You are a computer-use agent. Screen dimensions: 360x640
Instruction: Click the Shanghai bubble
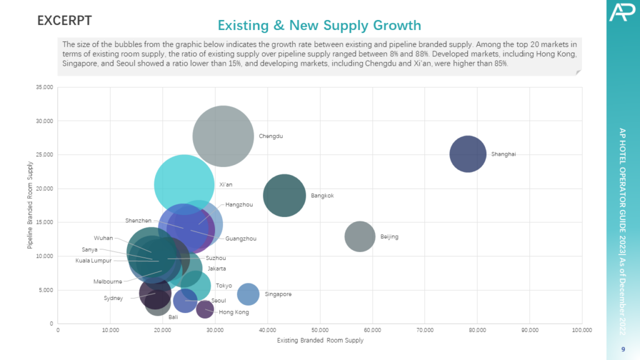click(x=467, y=154)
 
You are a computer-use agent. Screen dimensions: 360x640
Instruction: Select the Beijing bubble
click(x=359, y=237)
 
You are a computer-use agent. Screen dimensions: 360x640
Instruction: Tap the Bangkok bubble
click(x=284, y=196)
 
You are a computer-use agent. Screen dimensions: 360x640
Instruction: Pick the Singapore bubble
click(x=248, y=294)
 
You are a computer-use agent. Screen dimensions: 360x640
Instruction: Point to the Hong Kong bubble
click(x=205, y=309)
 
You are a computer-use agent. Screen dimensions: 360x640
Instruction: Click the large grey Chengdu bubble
click(x=223, y=136)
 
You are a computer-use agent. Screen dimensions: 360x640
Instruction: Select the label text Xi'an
click(x=226, y=185)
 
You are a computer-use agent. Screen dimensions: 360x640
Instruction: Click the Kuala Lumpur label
click(x=93, y=261)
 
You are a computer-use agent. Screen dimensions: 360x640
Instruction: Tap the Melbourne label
click(x=107, y=282)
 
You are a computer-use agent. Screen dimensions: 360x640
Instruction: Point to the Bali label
click(x=173, y=317)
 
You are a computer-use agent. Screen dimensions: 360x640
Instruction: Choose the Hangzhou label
click(x=239, y=204)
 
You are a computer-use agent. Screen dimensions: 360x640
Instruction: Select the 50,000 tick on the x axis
click(x=319, y=330)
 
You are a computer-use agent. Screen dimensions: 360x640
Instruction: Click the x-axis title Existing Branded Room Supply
click(x=319, y=341)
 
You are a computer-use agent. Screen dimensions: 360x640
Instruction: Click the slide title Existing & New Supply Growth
click(x=319, y=26)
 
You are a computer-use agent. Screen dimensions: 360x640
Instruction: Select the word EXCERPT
click(x=64, y=21)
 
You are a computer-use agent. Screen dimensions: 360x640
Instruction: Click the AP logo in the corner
click(x=622, y=12)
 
